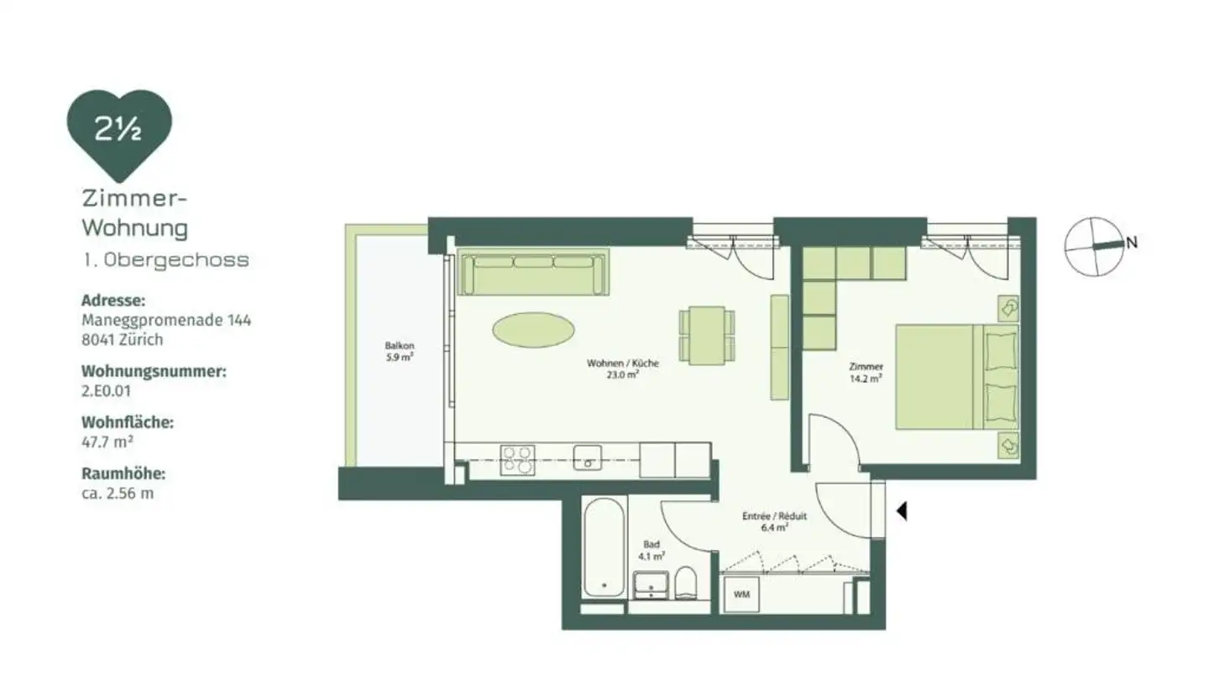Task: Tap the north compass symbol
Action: point(1094,245)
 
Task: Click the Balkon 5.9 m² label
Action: point(400,351)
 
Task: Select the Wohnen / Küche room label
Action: point(622,369)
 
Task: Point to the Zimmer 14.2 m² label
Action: point(865,372)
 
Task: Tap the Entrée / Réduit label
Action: point(774,521)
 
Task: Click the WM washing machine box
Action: point(741,594)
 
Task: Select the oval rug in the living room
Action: point(534,329)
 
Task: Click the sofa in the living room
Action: point(532,274)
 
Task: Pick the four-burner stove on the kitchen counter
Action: point(517,461)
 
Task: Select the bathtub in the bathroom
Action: point(604,547)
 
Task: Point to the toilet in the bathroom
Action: point(686,583)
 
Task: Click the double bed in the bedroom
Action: point(955,377)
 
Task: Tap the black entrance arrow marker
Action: point(902,510)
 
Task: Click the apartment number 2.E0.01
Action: point(107,390)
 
